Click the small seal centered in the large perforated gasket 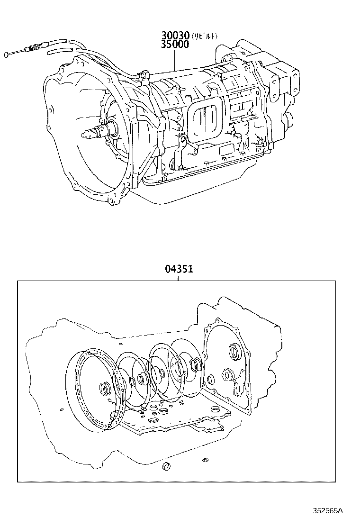click(x=105, y=390)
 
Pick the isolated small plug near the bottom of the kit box click(x=166, y=467)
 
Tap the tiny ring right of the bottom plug click(x=205, y=460)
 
